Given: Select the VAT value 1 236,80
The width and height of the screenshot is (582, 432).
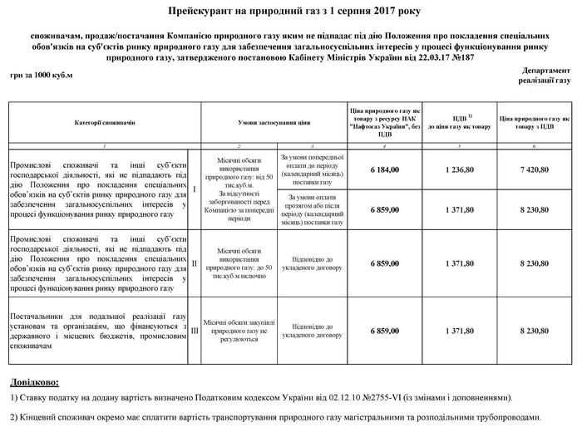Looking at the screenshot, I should pos(459,169).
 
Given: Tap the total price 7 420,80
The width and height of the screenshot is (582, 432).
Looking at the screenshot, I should pos(535,169).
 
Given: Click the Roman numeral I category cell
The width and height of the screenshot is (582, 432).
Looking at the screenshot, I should pos(194,189).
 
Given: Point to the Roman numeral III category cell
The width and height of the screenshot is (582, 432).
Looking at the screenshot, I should pos(194,330).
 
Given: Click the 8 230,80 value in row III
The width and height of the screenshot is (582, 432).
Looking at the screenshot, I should pos(535,331).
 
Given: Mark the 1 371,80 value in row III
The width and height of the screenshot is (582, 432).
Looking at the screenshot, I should pos(459,331).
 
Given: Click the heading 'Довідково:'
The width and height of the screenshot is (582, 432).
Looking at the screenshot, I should pos(35,384).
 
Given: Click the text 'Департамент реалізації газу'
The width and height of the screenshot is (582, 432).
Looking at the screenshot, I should pos(545,77).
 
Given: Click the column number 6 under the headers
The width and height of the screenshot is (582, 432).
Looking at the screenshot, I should pos(535,145).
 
